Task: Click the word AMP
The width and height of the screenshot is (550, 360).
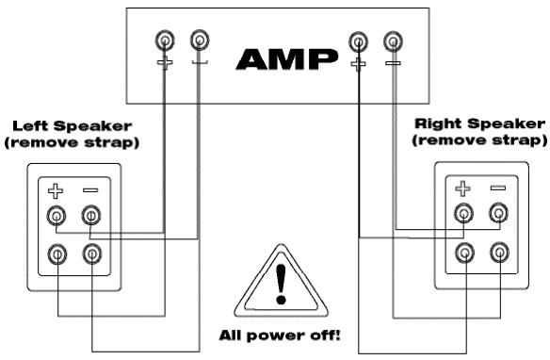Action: tap(286, 57)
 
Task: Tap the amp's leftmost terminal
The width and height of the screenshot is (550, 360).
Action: tap(165, 41)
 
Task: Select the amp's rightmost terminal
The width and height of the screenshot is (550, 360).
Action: tap(393, 41)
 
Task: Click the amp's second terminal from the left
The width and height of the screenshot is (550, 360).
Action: tap(199, 41)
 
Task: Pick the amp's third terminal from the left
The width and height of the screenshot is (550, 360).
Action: tap(358, 41)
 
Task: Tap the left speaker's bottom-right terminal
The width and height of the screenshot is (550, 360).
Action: tap(91, 254)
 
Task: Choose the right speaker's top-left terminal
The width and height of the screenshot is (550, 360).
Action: tap(463, 214)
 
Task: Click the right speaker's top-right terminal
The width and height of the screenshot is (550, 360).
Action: tap(498, 214)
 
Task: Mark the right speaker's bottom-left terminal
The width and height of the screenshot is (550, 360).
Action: tap(463, 252)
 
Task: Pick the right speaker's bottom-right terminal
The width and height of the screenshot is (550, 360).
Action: tap(498, 252)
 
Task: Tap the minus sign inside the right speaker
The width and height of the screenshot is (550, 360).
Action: tap(498, 188)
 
